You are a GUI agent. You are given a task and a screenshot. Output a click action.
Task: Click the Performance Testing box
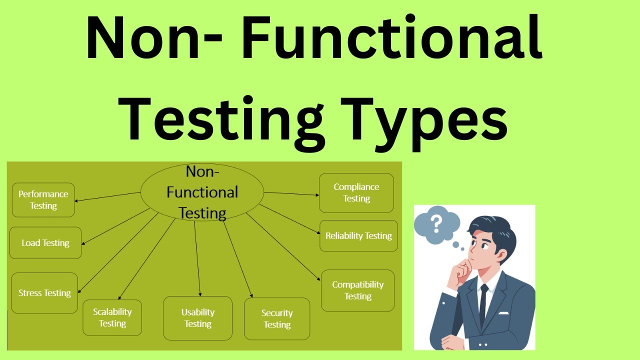click(43, 200)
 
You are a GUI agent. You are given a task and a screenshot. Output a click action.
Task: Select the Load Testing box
click(45, 243)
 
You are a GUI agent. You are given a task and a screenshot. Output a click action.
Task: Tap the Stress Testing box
click(44, 293)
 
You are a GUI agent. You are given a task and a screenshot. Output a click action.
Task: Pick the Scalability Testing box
click(112, 317)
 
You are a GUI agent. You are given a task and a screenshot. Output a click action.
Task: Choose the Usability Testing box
click(198, 318)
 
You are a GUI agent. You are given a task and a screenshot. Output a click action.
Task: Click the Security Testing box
click(277, 319)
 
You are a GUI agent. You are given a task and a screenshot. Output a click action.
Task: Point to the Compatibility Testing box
click(358, 290)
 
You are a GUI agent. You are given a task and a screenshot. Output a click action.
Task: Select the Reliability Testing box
click(358, 235)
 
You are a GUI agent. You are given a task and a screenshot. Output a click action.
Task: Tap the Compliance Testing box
click(356, 192)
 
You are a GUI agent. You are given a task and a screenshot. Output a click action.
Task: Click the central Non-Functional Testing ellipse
click(202, 192)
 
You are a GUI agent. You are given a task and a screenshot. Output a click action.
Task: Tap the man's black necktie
click(483, 305)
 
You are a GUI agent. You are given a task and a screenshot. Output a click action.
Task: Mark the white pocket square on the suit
click(503, 313)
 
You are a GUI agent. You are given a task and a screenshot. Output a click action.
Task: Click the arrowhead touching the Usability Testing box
click(200, 294)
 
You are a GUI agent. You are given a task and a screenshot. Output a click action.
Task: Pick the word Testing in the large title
click(220, 120)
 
